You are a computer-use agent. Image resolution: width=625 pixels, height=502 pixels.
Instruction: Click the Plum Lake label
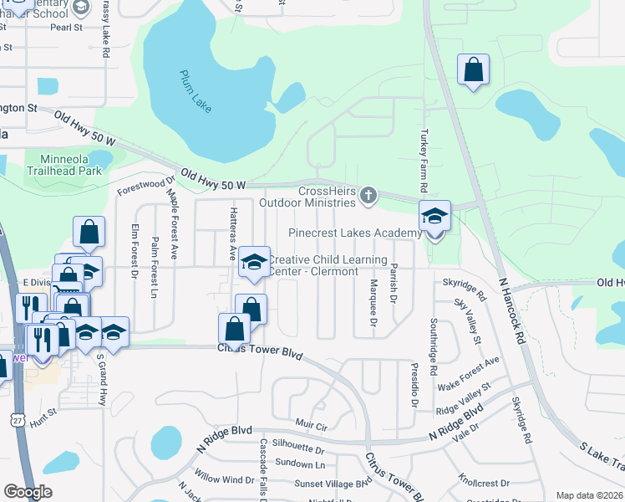(196, 90)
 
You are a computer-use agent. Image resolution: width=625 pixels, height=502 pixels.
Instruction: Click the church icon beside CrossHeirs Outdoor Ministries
(368, 197)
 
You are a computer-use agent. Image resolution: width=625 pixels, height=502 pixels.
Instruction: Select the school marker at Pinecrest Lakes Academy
(434, 217)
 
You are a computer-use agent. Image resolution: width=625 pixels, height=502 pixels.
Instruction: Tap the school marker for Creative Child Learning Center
(254, 262)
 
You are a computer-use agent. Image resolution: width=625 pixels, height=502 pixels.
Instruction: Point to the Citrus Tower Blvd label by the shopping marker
(259, 352)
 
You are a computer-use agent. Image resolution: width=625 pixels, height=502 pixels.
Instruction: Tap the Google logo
(28, 491)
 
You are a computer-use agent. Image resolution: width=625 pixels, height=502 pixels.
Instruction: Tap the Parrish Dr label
(393, 283)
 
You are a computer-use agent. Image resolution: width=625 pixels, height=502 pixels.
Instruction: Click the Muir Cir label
(310, 426)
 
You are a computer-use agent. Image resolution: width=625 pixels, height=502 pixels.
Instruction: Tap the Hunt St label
(43, 412)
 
